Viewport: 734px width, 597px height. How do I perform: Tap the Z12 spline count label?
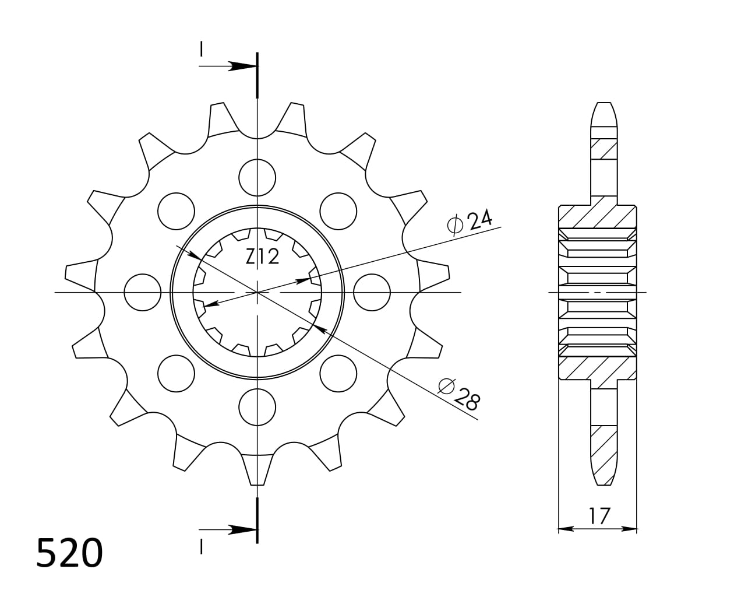click(x=262, y=257)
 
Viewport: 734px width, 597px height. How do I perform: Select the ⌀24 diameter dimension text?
click(x=470, y=222)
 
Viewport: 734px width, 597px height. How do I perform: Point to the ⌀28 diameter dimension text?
click(x=460, y=394)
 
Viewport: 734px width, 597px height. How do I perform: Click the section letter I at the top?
click(x=201, y=50)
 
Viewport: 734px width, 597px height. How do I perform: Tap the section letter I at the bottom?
click(x=201, y=546)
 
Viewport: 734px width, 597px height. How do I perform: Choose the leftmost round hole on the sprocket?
click(x=143, y=292)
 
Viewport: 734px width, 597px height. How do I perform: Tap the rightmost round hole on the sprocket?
click(x=372, y=292)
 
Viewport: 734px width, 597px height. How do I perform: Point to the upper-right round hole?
click(x=338, y=210)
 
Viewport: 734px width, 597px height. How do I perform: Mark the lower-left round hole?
click(x=176, y=373)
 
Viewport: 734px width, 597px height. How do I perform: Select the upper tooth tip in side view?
click(x=604, y=114)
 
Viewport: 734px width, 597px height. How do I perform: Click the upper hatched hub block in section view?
click(x=597, y=216)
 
